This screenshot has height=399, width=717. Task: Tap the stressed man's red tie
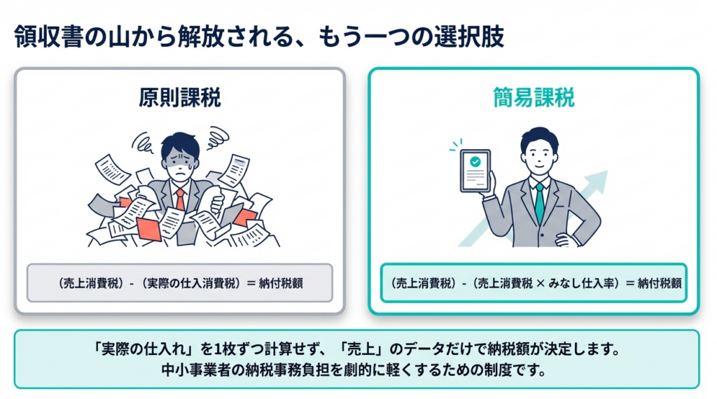coord(180,199)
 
